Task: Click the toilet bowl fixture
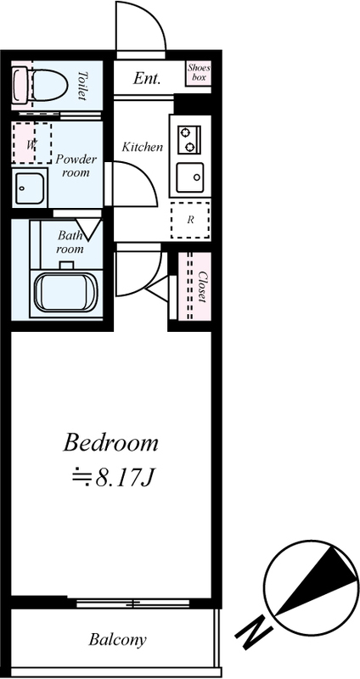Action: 40,86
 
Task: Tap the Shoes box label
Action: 199,72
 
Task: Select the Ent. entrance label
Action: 147,78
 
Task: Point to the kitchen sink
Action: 189,178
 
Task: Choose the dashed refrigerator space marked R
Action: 190,220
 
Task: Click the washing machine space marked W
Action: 31,143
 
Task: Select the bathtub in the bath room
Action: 66,293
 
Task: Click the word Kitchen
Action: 142,147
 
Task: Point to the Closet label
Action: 202,286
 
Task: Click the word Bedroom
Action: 110,443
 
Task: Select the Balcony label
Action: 117,639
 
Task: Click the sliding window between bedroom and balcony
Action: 133,603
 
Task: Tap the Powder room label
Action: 76,166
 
